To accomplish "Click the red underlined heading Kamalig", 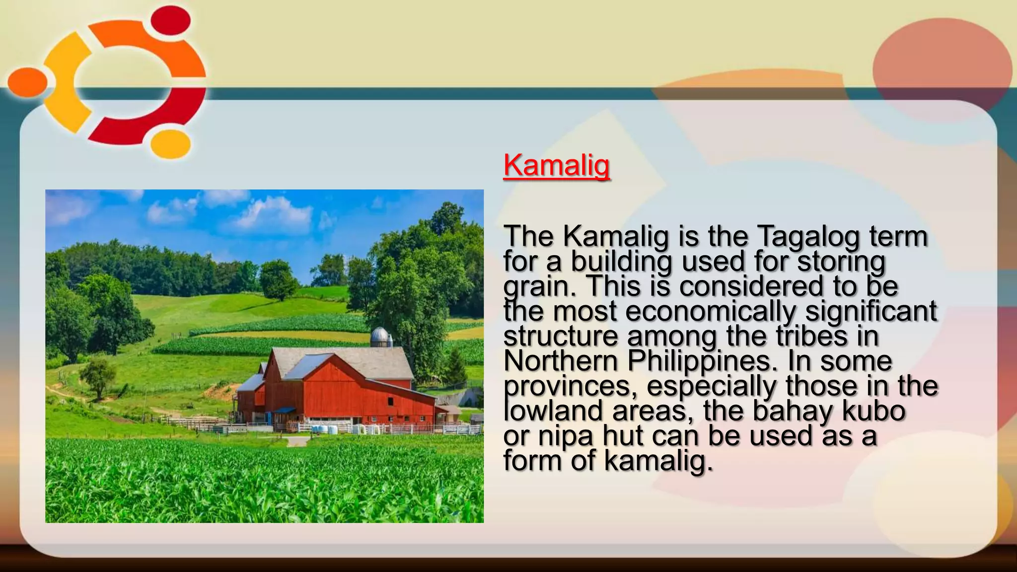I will coord(556,165).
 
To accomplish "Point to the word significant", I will coord(871,312).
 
